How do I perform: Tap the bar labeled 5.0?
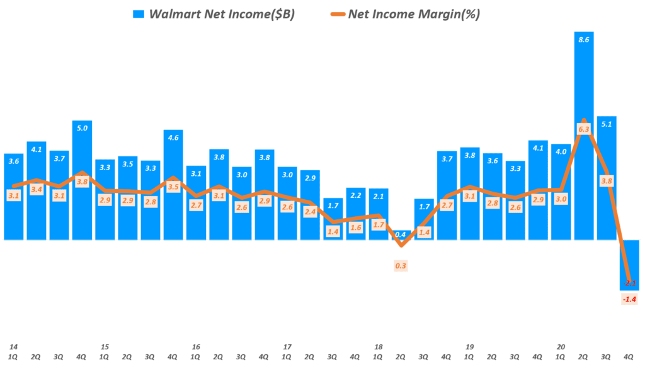[x=82, y=183]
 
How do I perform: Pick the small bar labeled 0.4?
[x=401, y=235]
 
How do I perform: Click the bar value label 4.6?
[x=173, y=137]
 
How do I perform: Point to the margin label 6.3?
[x=584, y=129]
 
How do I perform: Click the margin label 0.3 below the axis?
[x=401, y=265]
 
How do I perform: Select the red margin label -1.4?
[x=629, y=299]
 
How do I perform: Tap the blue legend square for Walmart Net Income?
[x=138, y=14]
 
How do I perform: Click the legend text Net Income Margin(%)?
[x=414, y=14]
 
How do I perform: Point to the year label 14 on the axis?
[x=13, y=347]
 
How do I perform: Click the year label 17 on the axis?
[x=287, y=347]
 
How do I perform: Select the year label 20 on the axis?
[x=561, y=347]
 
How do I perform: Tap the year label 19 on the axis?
[x=469, y=347]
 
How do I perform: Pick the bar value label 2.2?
[x=355, y=195]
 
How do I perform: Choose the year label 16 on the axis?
[x=196, y=347]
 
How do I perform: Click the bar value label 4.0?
[x=561, y=151]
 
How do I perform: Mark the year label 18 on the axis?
[x=379, y=347]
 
